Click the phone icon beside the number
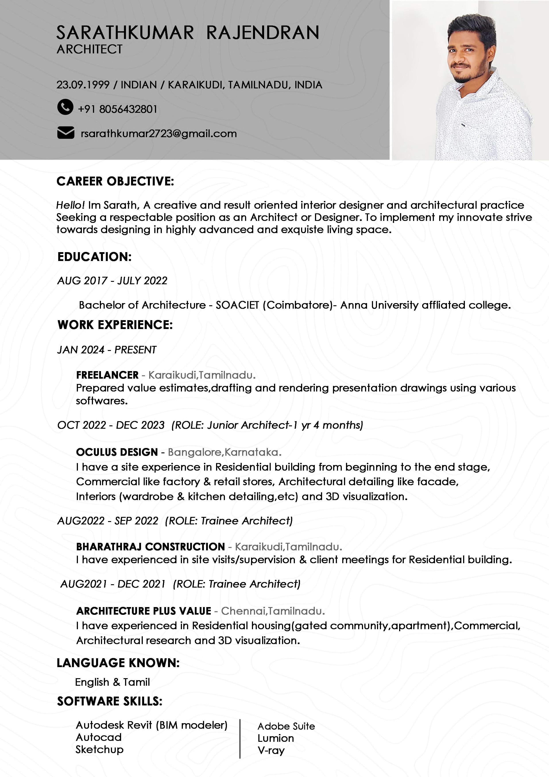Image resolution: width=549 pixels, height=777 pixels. pyautogui.click(x=65, y=107)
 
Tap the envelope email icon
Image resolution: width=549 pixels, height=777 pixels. pyautogui.click(x=66, y=133)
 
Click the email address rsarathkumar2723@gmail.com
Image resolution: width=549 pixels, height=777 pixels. pyautogui.click(x=159, y=134)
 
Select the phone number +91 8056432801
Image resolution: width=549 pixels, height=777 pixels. pyautogui.click(x=117, y=109)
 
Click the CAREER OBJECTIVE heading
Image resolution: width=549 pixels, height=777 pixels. pyautogui.click(x=115, y=181)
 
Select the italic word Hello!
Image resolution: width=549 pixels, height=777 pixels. pyautogui.click(x=70, y=205)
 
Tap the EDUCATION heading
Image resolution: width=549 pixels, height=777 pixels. pyautogui.click(x=94, y=257)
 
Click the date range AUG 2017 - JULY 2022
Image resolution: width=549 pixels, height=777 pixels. pyautogui.click(x=112, y=280)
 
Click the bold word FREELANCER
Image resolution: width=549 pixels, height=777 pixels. pyautogui.click(x=107, y=375)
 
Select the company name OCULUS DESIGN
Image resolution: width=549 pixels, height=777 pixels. pyautogui.click(x=117, y=452)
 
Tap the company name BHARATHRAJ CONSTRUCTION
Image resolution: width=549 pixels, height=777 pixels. pyautogui.click(x=151, y=547)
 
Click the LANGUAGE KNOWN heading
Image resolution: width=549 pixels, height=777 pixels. pyautogui.click(x=118, y=663)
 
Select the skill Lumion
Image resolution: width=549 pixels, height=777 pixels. pyautogui.click(x=276, y=738)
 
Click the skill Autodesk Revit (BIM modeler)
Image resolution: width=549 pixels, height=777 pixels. pyautogui.click(x=151, y=725)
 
